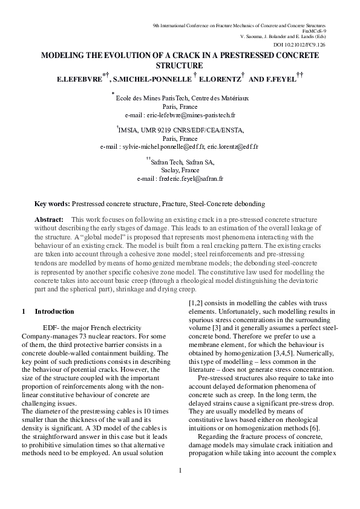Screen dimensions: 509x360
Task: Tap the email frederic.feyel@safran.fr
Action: tap(189, 179)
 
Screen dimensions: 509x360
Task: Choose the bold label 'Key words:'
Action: tap(52, 205)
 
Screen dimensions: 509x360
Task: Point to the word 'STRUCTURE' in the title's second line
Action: tap(179, 65)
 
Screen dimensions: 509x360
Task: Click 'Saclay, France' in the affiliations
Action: tap(180, 170)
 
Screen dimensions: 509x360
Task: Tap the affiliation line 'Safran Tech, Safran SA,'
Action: tap(182, 162)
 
